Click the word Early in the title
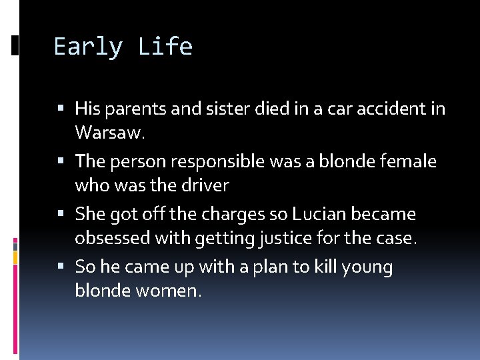click(89, 47)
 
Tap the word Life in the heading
click(165, 47)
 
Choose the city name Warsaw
click(109, 132)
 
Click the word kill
click(322, 267)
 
